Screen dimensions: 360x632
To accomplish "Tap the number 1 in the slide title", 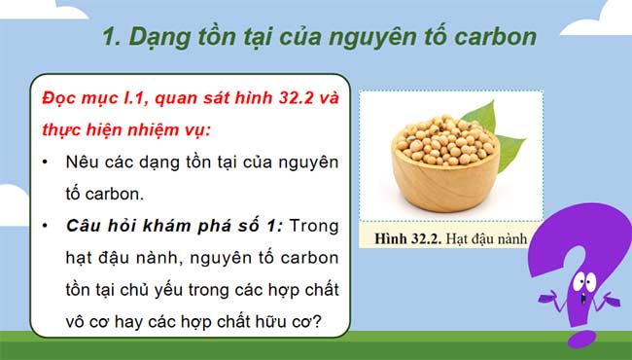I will [x=110, y=38].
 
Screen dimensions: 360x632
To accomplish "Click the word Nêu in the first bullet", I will [x=83, y=161].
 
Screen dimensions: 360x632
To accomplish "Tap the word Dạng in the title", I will [x=155, y=38].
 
